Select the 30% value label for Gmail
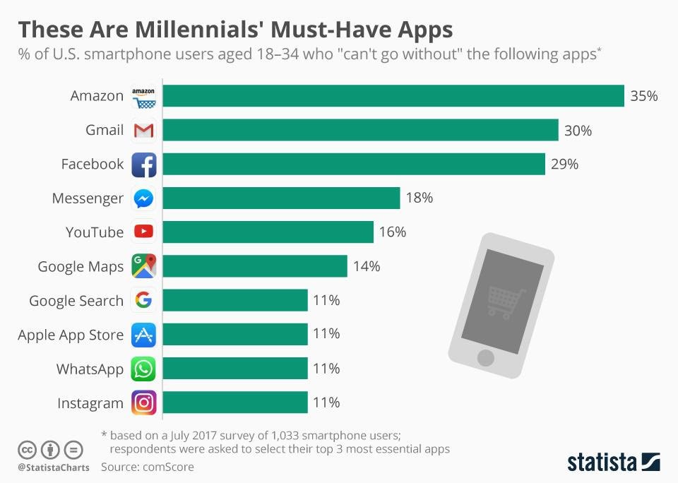click(x=578, y=131)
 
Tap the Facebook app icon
click(x=143, y=165)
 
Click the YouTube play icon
click(x=143, y=232)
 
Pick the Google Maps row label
click(x=81, y=267)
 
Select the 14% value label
click(x=367, y=266)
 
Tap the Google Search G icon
click(x=143, y=301)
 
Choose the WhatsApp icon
click(x=143, y=369)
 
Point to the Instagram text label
click(x=90, y=403)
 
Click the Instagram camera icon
click(x=143, y=402)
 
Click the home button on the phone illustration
click(x=486, y=357)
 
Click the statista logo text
click(x=601, y=463)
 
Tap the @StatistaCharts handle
click(x=53, y=467)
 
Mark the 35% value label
click(x=643, y=96)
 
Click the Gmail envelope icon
click(x=143, y=131)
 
